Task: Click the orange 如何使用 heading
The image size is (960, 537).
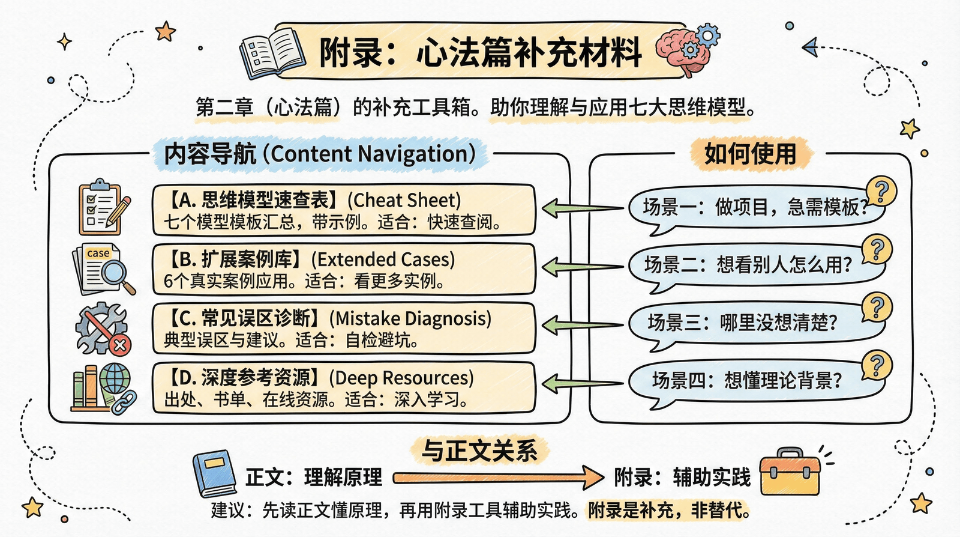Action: (750, 154)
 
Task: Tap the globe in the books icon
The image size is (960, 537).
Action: (115, 379)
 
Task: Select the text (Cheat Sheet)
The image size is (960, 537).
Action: (404, 200)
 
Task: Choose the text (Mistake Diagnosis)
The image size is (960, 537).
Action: (410, 318)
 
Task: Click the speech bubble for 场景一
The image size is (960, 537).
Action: (753, 208)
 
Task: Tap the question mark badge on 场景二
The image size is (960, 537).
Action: (877, 249)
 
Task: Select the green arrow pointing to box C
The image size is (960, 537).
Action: (582, 326)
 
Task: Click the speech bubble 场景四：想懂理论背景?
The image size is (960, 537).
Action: (747, 380)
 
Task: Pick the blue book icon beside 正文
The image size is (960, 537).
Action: (214, 473)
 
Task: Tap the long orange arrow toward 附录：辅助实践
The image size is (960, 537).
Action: (498, 478)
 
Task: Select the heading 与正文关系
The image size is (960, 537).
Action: (479, 451)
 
